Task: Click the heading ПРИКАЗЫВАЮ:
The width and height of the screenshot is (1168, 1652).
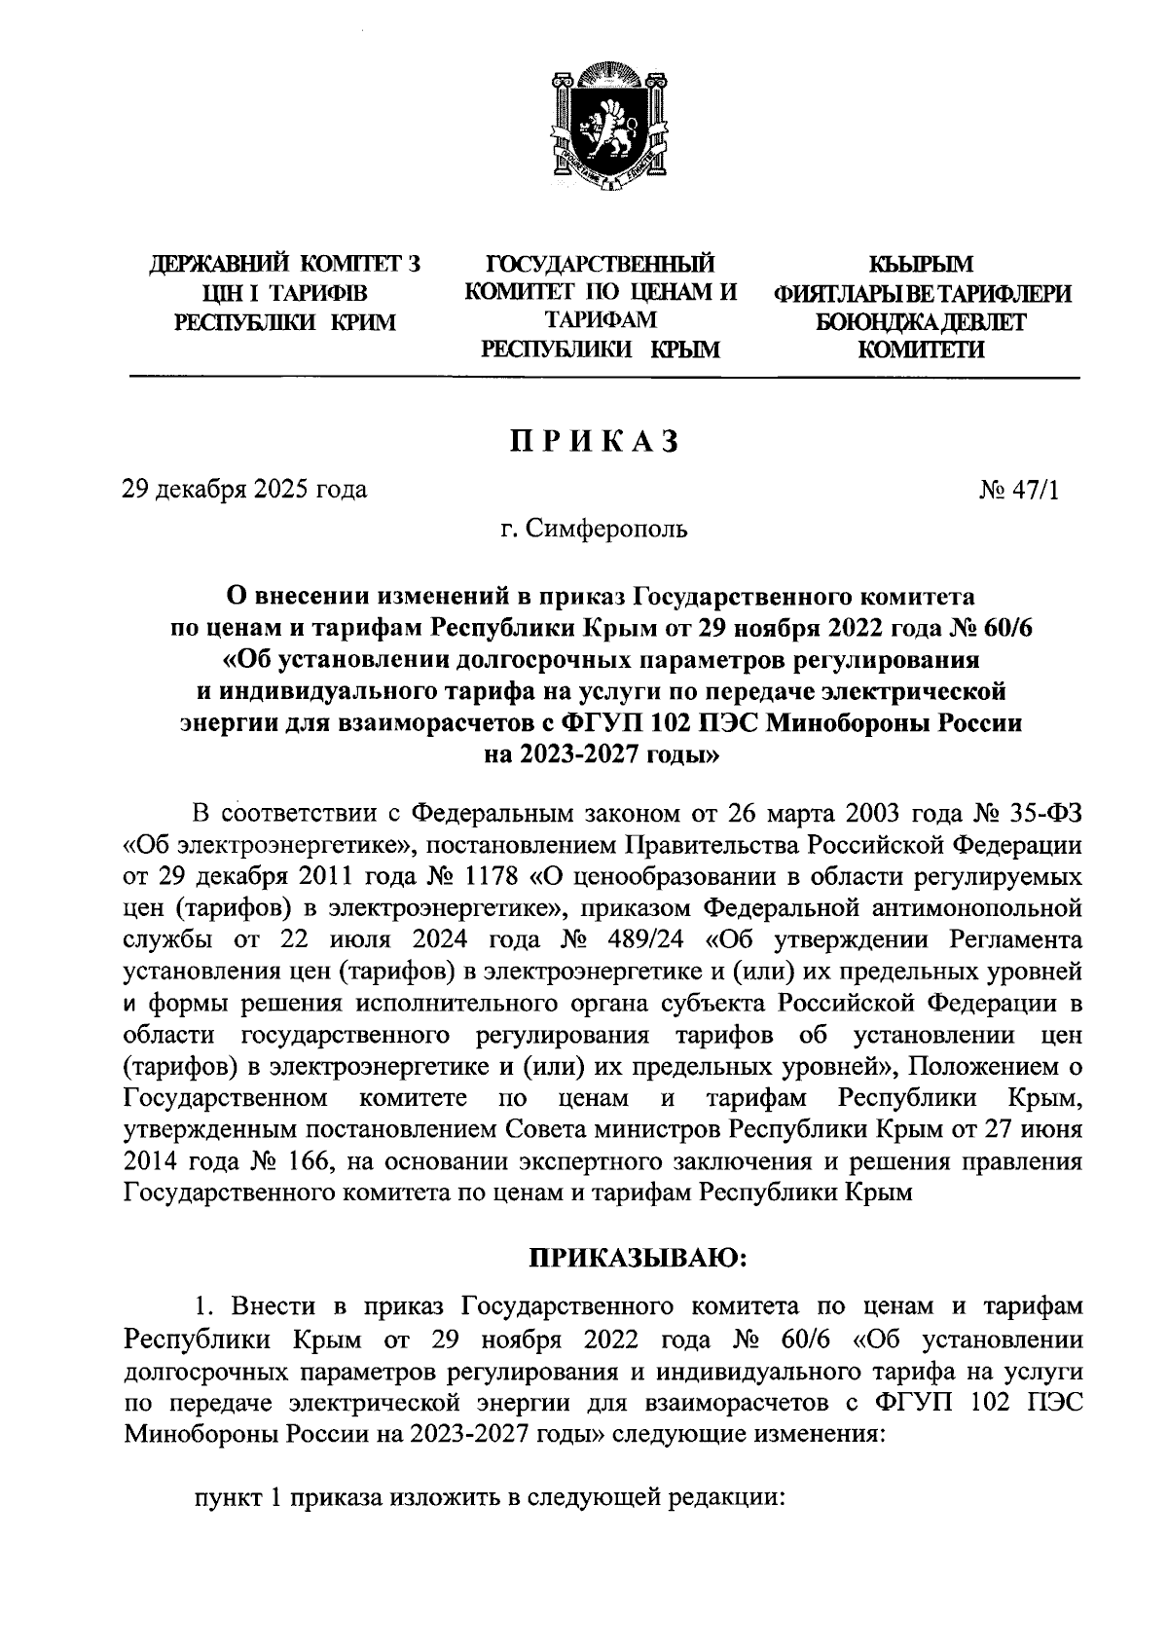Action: click(637, 1259)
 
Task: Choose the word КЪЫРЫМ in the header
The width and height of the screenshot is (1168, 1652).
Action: click(920, 264)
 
